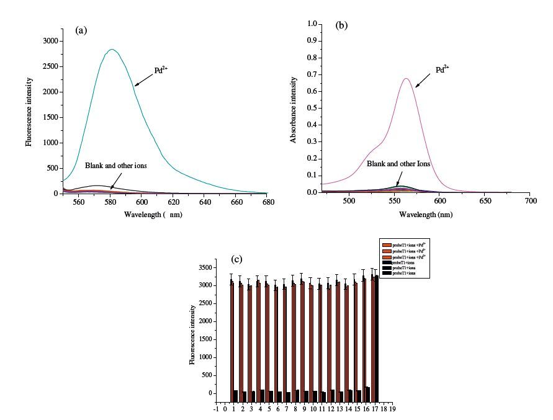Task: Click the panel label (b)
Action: coord(341,26)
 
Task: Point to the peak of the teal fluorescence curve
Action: coord(112,50)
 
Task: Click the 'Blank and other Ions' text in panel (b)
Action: coord(398,164)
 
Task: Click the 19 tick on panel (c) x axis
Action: coord(392,409)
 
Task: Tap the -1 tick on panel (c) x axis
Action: coord(215,409)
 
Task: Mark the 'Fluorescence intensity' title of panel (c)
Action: coord(194,334)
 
